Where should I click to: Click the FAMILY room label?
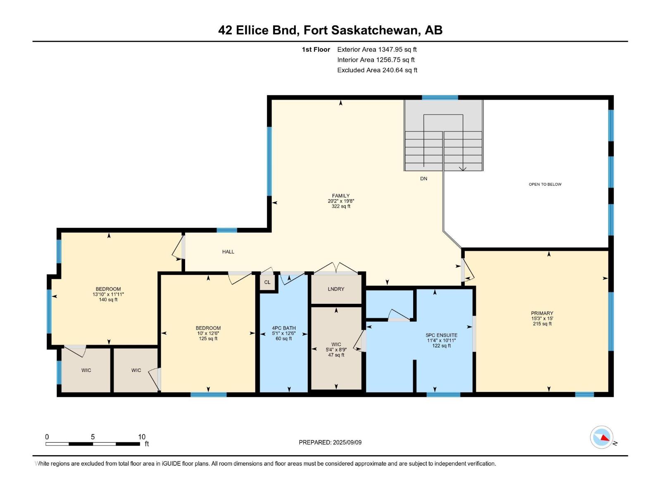point(341,196)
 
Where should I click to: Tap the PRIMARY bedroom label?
point(542,313)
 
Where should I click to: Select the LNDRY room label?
point(336,289)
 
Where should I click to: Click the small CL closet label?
point(267,282)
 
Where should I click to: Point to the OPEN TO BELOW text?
point(545,184)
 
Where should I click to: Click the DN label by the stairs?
point(423,179)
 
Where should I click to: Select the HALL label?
point(228,252)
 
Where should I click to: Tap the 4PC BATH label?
point(284,328)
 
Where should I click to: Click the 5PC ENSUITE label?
point(441,335)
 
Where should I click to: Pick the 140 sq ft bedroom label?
point(108,289)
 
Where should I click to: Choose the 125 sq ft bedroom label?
point(208,328)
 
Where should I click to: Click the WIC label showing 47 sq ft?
point(336,344)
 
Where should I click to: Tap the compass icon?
point(602,437)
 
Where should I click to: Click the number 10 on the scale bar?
point(142,437)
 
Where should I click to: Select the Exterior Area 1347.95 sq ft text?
point(377,50)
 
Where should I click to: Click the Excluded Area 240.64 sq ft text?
point(377,70)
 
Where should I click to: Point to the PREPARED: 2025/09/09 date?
point(330,442)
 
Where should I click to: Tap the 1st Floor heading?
point(316,50)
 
